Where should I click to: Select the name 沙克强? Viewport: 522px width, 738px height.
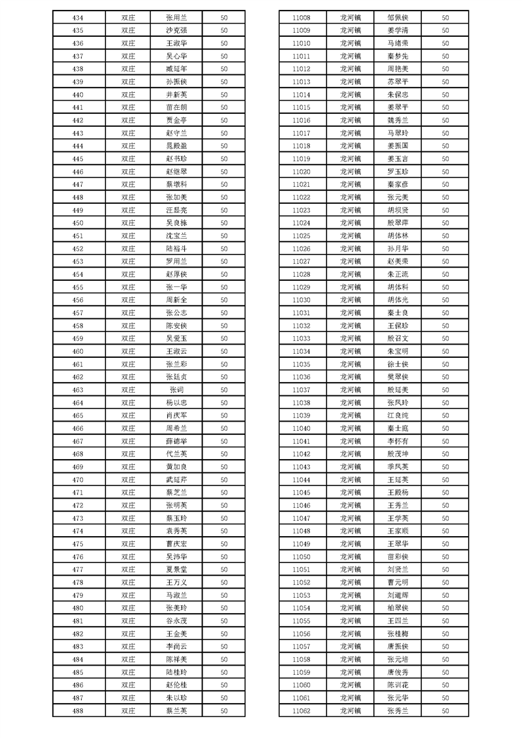pos(176,30)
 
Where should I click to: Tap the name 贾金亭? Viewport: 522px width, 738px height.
pos(176,120)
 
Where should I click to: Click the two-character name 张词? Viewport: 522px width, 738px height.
pos(176,390)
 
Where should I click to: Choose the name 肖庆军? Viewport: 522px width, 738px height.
pos(176,416)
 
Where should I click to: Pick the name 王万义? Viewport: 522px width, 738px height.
pos(176,583)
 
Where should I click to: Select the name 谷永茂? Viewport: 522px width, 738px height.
pos(176,621)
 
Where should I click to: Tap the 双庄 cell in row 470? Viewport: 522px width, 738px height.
pos(128,480)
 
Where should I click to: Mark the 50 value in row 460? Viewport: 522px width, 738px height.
pos(224,351)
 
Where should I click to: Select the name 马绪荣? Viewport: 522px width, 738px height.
pos(398,43)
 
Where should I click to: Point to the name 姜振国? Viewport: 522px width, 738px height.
pos(398,145)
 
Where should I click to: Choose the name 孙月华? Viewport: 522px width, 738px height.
pos(398,249)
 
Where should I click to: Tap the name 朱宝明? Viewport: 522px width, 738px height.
pos(398,351)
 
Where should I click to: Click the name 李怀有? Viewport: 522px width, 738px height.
pos(398,441)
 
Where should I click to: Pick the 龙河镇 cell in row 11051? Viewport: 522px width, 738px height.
pos(350,570)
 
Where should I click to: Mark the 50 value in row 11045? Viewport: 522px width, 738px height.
pos(446,493)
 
